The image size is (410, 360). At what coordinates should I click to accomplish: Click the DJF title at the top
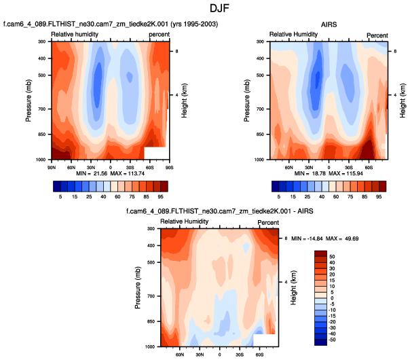click(x=204, y=10)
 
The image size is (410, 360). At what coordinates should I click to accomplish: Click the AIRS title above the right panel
click(x=329, y=26)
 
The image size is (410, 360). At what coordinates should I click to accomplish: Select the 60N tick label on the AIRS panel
click(x=288, y=165)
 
